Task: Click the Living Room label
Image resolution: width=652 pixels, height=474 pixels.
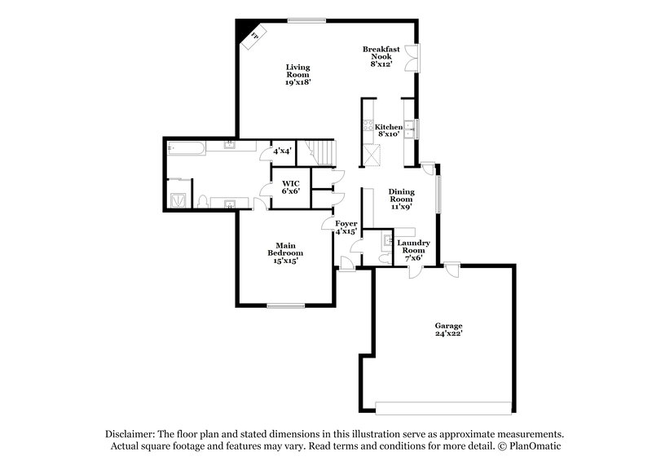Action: (297, 74)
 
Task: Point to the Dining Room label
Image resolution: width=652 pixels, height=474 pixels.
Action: (401, 199)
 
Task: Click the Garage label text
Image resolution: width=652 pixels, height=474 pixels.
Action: (448, 328)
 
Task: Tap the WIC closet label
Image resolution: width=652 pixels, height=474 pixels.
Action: (291, 187)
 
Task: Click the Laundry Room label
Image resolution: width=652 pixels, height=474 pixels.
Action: (414, 250)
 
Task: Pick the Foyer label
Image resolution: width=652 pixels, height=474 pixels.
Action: (346, 226)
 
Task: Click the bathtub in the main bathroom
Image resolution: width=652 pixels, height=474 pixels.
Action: (183, 147)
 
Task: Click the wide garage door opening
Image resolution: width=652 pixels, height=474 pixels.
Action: (445, 406)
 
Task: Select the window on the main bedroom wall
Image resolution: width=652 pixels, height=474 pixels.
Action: (284, 306)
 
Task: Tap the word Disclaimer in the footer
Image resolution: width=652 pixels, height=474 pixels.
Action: (130, 434)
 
